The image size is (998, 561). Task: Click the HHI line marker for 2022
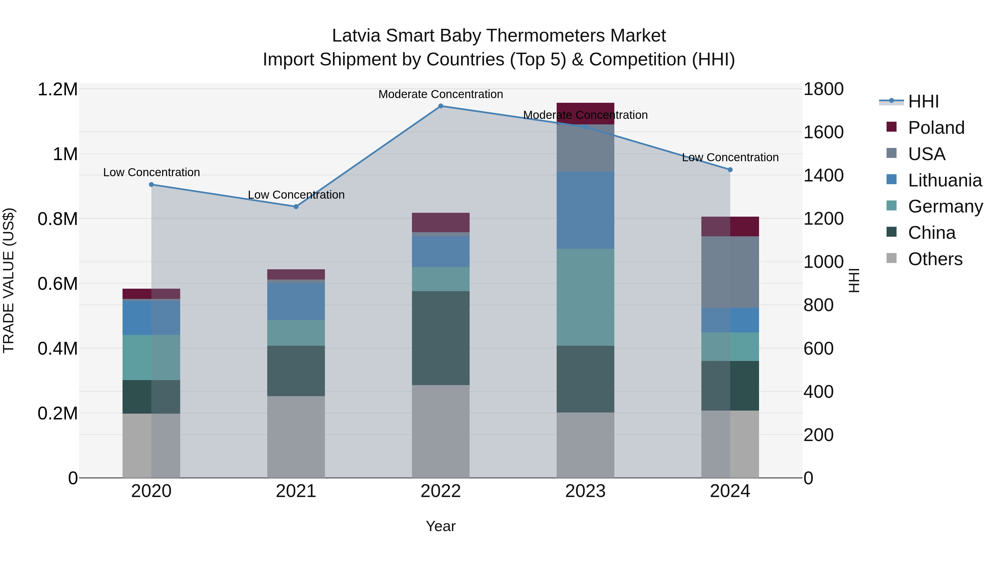[x=441, y=106]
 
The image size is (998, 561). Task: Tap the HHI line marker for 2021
[x=296, y=207]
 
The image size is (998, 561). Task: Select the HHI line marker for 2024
[x=730, y=170]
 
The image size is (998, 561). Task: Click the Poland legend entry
[x=936, y=128]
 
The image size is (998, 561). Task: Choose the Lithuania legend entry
[x=944, y=180]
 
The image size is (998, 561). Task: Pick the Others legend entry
[x=935, y=259]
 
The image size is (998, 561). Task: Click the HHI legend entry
[x=923, y=101]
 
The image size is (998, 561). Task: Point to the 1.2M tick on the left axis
[x=57, y=89]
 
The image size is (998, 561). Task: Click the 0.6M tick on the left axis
[x=57, y=284]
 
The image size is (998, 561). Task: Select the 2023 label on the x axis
[x=585, y=491]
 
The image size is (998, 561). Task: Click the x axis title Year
[x=441, y=526]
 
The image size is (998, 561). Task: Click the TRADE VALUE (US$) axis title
[x=9, y=280]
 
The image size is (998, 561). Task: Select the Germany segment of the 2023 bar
[x=585, y=297]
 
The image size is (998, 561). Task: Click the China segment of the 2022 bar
[x=441, y=338]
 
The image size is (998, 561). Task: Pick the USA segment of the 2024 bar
[x=730, y=272]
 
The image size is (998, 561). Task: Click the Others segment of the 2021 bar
[x=296, y=436]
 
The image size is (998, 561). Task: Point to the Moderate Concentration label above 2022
[x=441, y=94]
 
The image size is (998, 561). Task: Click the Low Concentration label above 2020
[x=151, y=172]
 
